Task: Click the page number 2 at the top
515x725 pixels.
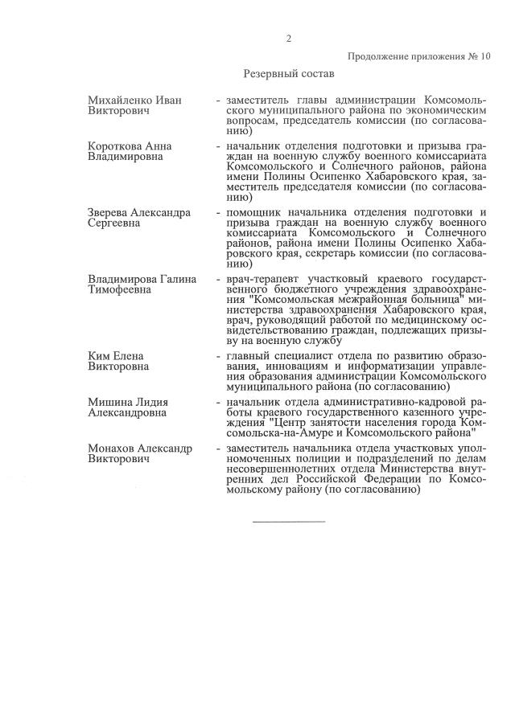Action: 288,39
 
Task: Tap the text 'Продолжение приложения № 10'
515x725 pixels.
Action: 418,56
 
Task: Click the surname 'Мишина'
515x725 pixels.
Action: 107,401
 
